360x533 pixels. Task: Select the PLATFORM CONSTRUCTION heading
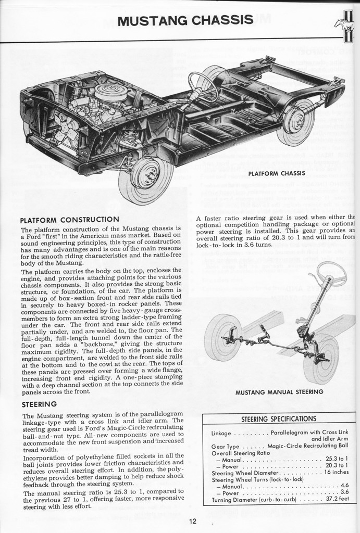click(x=69, y=219)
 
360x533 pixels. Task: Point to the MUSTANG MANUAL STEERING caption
click(x=279, y=391)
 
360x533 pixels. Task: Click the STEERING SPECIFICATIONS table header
click(x=279, y=418)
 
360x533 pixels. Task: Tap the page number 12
click(x=193, y=522)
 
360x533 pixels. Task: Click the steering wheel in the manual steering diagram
click(x=331, y=273)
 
